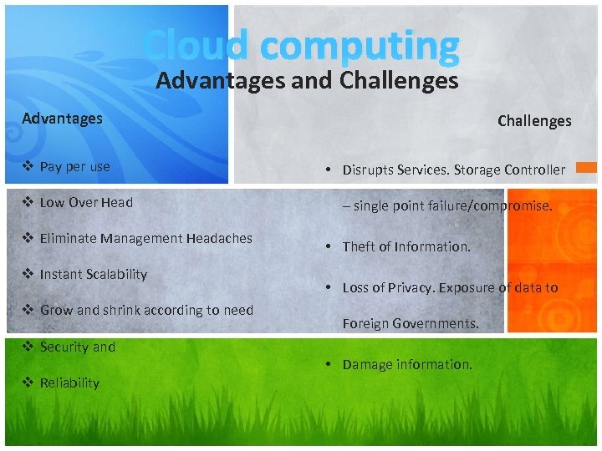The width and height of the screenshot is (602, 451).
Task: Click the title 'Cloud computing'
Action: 301,45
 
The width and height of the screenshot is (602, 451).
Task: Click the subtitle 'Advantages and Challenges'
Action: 307,81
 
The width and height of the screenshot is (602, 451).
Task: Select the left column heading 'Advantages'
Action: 63,119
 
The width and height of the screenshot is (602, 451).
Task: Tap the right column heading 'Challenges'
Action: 534,121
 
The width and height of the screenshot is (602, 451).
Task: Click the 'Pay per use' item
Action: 74,166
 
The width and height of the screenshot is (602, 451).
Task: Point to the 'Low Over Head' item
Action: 86,202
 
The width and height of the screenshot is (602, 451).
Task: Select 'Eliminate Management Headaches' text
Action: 145,238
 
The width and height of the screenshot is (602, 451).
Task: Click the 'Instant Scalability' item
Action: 93,274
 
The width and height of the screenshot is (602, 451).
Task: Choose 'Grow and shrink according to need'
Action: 146,310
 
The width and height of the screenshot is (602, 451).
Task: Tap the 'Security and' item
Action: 78,347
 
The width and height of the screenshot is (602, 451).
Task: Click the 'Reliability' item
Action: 69,383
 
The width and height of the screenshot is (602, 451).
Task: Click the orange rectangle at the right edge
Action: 588,168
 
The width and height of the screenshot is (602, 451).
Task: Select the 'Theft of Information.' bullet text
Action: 406,246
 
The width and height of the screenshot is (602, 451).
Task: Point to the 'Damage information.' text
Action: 407,364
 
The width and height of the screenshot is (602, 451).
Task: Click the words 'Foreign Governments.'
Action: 411,324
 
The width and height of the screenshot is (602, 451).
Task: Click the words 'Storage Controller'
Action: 509,170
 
